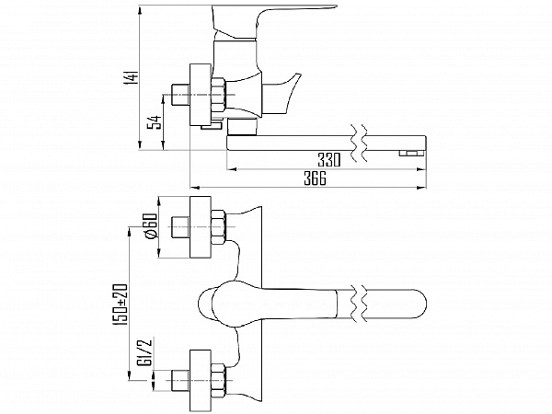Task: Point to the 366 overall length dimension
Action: pyautogui.click(x=315, y=179)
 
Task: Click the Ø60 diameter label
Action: pyautogui.click(x=147, y=226)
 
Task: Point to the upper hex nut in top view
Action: pyautogui.click(x=219, y=227)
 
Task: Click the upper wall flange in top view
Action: pyautogui.click(x=199, y=227)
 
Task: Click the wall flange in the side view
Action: pyautogui.click(x=199, y=95)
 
